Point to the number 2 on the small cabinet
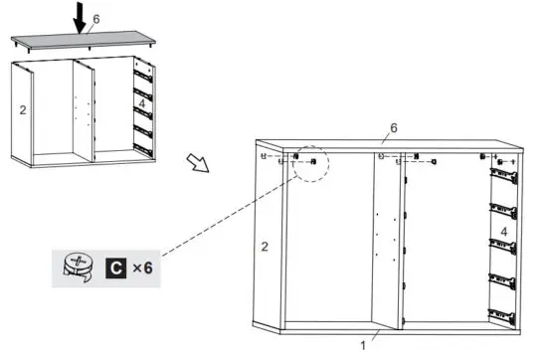[22, 109]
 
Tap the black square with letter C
[115, 267]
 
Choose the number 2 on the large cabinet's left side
[265, 246]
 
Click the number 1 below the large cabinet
[363, 345]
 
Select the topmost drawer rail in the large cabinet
[504, 178]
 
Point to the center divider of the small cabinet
[84, 109]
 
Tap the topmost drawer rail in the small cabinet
[144, 72]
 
